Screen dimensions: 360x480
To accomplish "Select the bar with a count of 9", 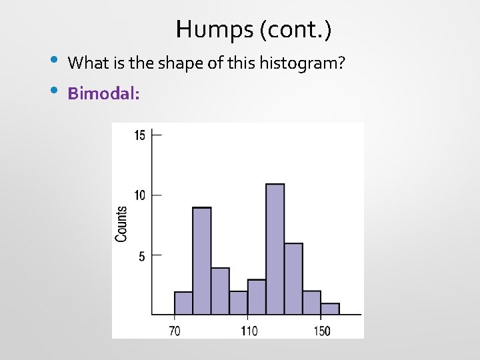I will [x=201, y=261].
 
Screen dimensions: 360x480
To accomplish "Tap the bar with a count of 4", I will [x=220, y=291].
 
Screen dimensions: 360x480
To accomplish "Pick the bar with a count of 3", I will [x=257, y=297].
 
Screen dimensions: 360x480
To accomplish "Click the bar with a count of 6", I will [x=293, y=279].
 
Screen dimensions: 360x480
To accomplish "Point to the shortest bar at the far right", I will [x=330, y=309].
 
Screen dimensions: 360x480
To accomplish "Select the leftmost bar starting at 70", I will [x=183, y=303].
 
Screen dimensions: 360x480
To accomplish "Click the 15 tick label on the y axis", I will [x=140, y=135].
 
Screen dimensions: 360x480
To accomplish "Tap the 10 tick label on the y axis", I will [x=140, y=195].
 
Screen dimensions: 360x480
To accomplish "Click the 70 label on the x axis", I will [x=174, y=331].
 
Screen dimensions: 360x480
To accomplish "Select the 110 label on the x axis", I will [x=249, y=331].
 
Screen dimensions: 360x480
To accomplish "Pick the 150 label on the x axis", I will [x=321, y=331].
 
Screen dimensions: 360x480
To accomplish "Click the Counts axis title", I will [x=121, y=224].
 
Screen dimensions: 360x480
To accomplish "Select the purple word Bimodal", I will [x=103, y=93].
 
